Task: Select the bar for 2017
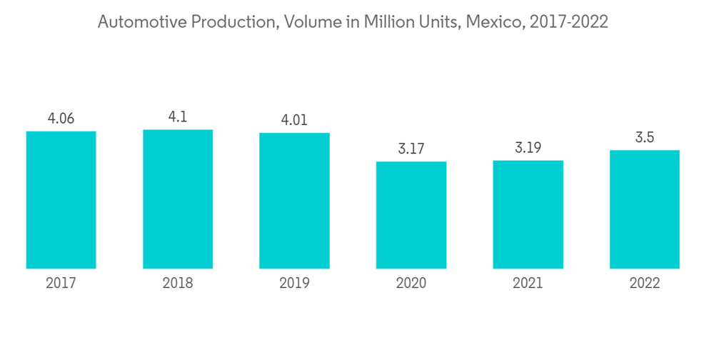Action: (x=61, y=200)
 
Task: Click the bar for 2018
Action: (x=178, y=199)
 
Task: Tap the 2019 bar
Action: (x=294, y=201)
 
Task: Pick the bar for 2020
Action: (x=411, y=215)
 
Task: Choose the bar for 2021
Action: (x=528, y=214)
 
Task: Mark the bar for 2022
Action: (x=645, y=209)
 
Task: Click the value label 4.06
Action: (x=61, y=119)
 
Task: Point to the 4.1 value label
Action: (x=178, y=117)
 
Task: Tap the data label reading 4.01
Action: (x=294, y=121)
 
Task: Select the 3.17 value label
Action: (x=411, y=149)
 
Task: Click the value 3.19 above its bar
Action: (x=528, y=148)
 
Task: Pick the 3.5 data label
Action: (x=645, y=138)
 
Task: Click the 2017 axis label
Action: (x=61, y=284)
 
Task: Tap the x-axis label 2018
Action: (x=178, y=284)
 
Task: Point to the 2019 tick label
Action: (x=294, y=284)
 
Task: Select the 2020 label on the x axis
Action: (x=411, y=284)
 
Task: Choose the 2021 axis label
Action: (x=528, y=284)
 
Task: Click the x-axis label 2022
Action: (x=645, y=284)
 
